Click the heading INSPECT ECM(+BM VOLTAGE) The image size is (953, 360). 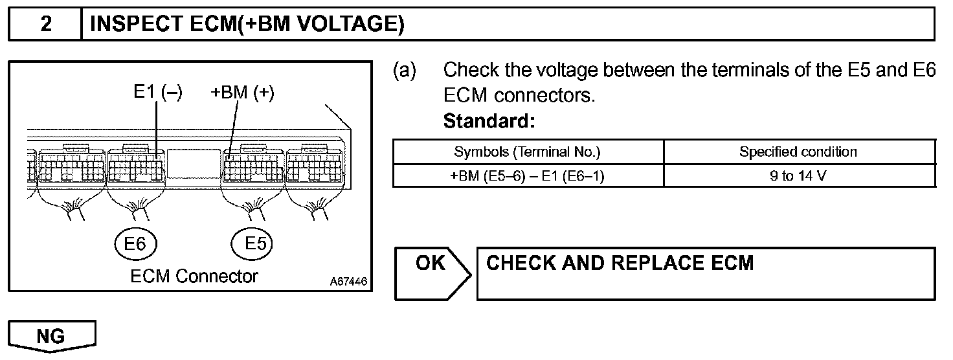point(247,25)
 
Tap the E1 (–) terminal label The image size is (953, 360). point(158,93)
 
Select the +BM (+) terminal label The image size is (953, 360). point(243,93)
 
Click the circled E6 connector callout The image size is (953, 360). point(136,244)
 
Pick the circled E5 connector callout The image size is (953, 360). point(252,244)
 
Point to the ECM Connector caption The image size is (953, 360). point(194,276)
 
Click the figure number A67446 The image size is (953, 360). point(348,282)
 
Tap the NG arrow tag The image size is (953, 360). point(52,336)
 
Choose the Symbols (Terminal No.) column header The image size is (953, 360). point(528,152)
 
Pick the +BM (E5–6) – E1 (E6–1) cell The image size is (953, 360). point(528,175)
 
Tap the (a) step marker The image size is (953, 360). point(405,70)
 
